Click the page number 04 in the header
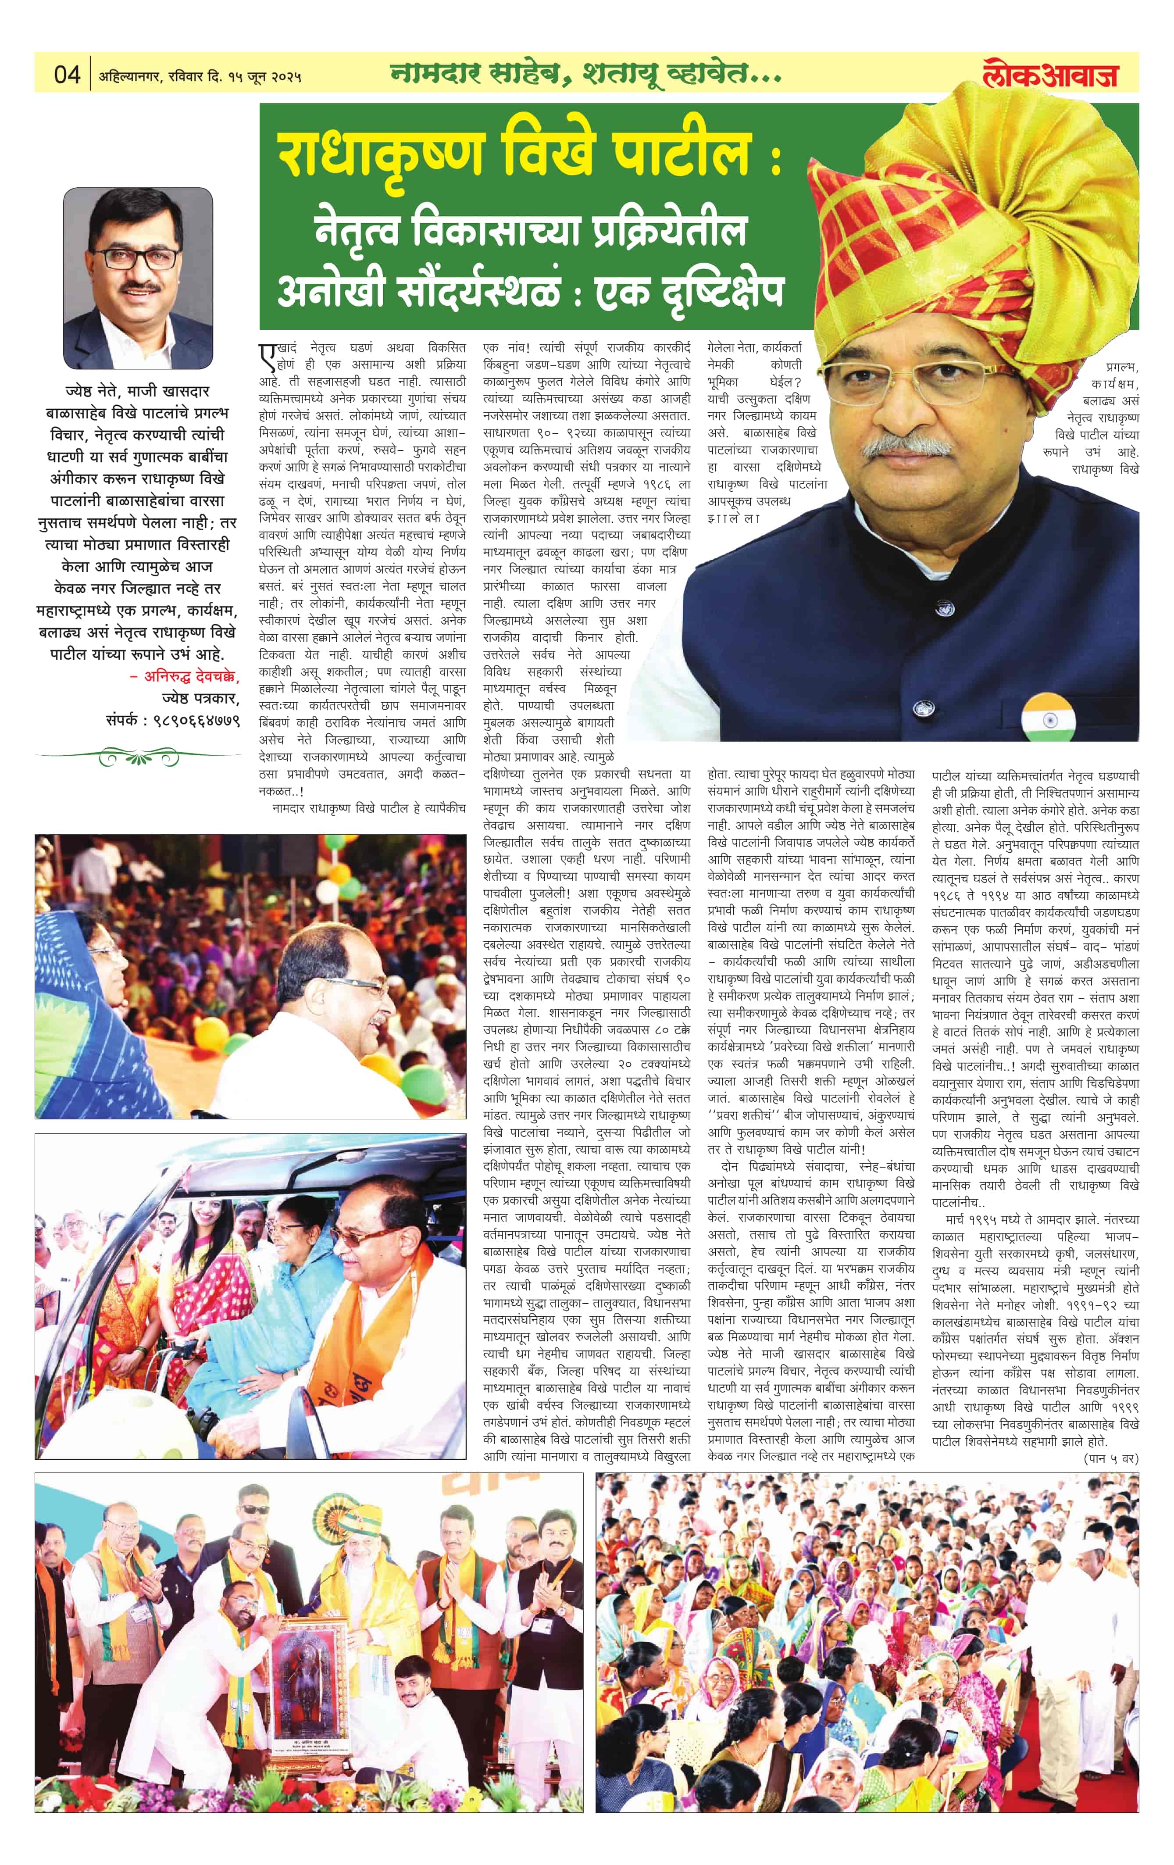(x=68, y=75)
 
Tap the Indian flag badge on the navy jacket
(x=1047, y=716)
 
